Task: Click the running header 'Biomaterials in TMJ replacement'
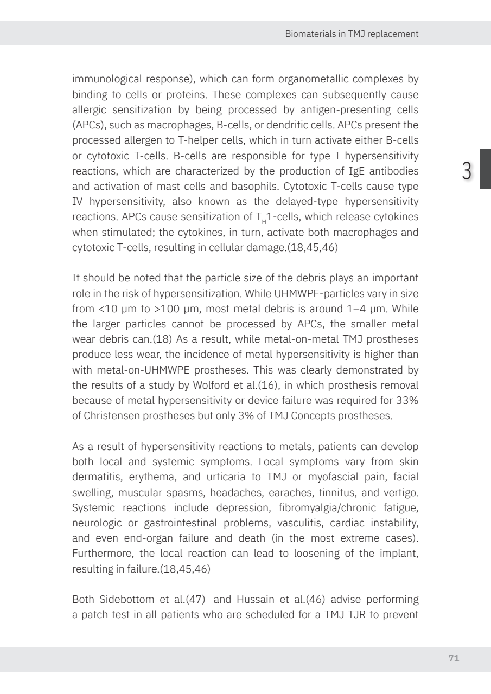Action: pyautogui.click(x=352, y=34)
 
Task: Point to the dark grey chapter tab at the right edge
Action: pyautogui.click(x=484, y=169)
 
